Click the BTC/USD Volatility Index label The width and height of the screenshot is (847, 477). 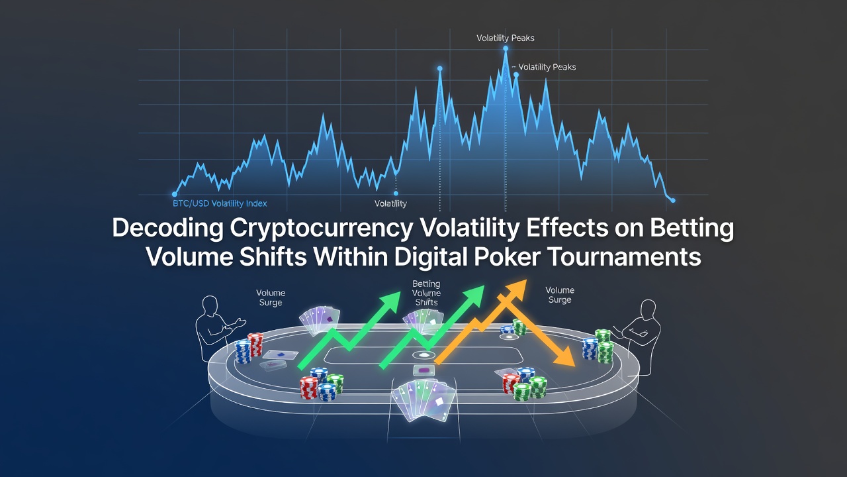(220, 203)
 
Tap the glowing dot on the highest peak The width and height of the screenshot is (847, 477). (506, 48)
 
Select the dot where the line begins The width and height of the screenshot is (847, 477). (174, 194)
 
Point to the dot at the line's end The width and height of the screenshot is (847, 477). (673, 200)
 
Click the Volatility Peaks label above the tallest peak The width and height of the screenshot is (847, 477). (505, 38)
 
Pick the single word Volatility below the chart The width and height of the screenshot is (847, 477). (390, 203)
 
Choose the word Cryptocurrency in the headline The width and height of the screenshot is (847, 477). (322, 229)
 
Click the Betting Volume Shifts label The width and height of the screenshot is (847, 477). (426, 293)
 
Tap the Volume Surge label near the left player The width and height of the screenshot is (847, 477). (271, 297)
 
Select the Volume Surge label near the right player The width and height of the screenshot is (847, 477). (560, 295)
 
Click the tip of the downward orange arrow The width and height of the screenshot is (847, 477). (574, 366)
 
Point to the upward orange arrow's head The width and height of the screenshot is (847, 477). (516, 290)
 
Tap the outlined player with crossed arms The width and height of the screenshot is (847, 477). (639, 333)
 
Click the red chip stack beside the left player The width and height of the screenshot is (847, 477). (255, 344)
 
